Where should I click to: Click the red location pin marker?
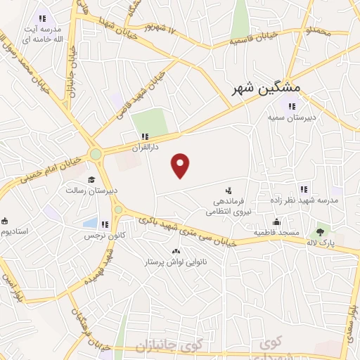pyautogui.click(x=181, y=165)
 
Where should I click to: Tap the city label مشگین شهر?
pyautogui.click(x=266, y=89)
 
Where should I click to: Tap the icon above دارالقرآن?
pyautogui.click(x=145, y=136)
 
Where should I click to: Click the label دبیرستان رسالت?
pyautogui.click(x=92, y=191)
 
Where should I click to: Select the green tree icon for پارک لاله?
pyautogui.click(x=321, y=230)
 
